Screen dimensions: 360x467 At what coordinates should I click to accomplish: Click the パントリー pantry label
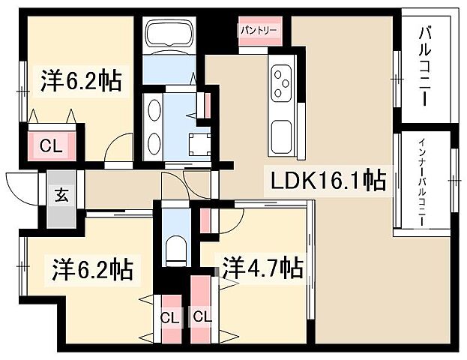(x=259, y=31)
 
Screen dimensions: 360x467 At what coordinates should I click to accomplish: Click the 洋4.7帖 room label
(x=262, y=268)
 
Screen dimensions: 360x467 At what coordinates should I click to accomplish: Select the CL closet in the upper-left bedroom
(x=46, y=144)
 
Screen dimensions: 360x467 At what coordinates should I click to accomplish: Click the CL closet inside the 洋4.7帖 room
(x=202, y=316)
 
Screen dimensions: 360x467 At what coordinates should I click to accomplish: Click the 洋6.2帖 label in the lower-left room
(x=92, y=268)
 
